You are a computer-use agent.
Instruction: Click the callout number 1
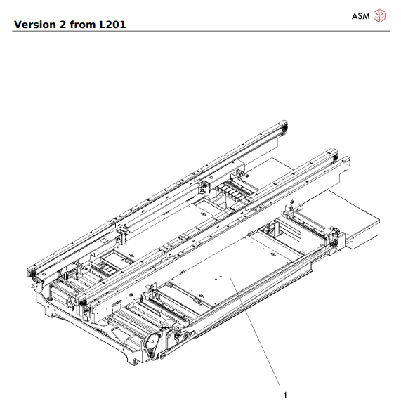284,395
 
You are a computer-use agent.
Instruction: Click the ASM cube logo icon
380,15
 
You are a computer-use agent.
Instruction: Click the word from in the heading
87,25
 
